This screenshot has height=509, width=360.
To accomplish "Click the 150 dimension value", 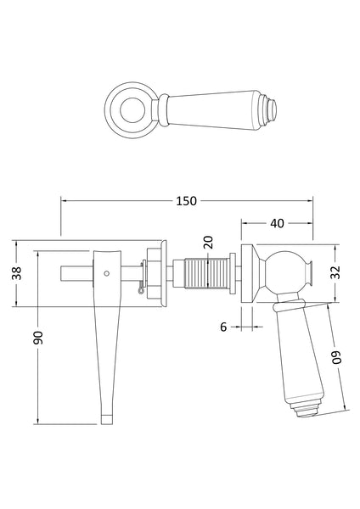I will (x=187, y=201).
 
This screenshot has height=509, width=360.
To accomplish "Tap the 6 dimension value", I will (x=222, y=324).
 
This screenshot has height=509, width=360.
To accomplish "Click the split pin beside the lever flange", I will (x=139, y=290).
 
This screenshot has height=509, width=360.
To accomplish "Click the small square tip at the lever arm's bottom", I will (x=106, y=417).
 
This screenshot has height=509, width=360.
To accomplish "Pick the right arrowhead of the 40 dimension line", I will (x=311, y=223).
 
